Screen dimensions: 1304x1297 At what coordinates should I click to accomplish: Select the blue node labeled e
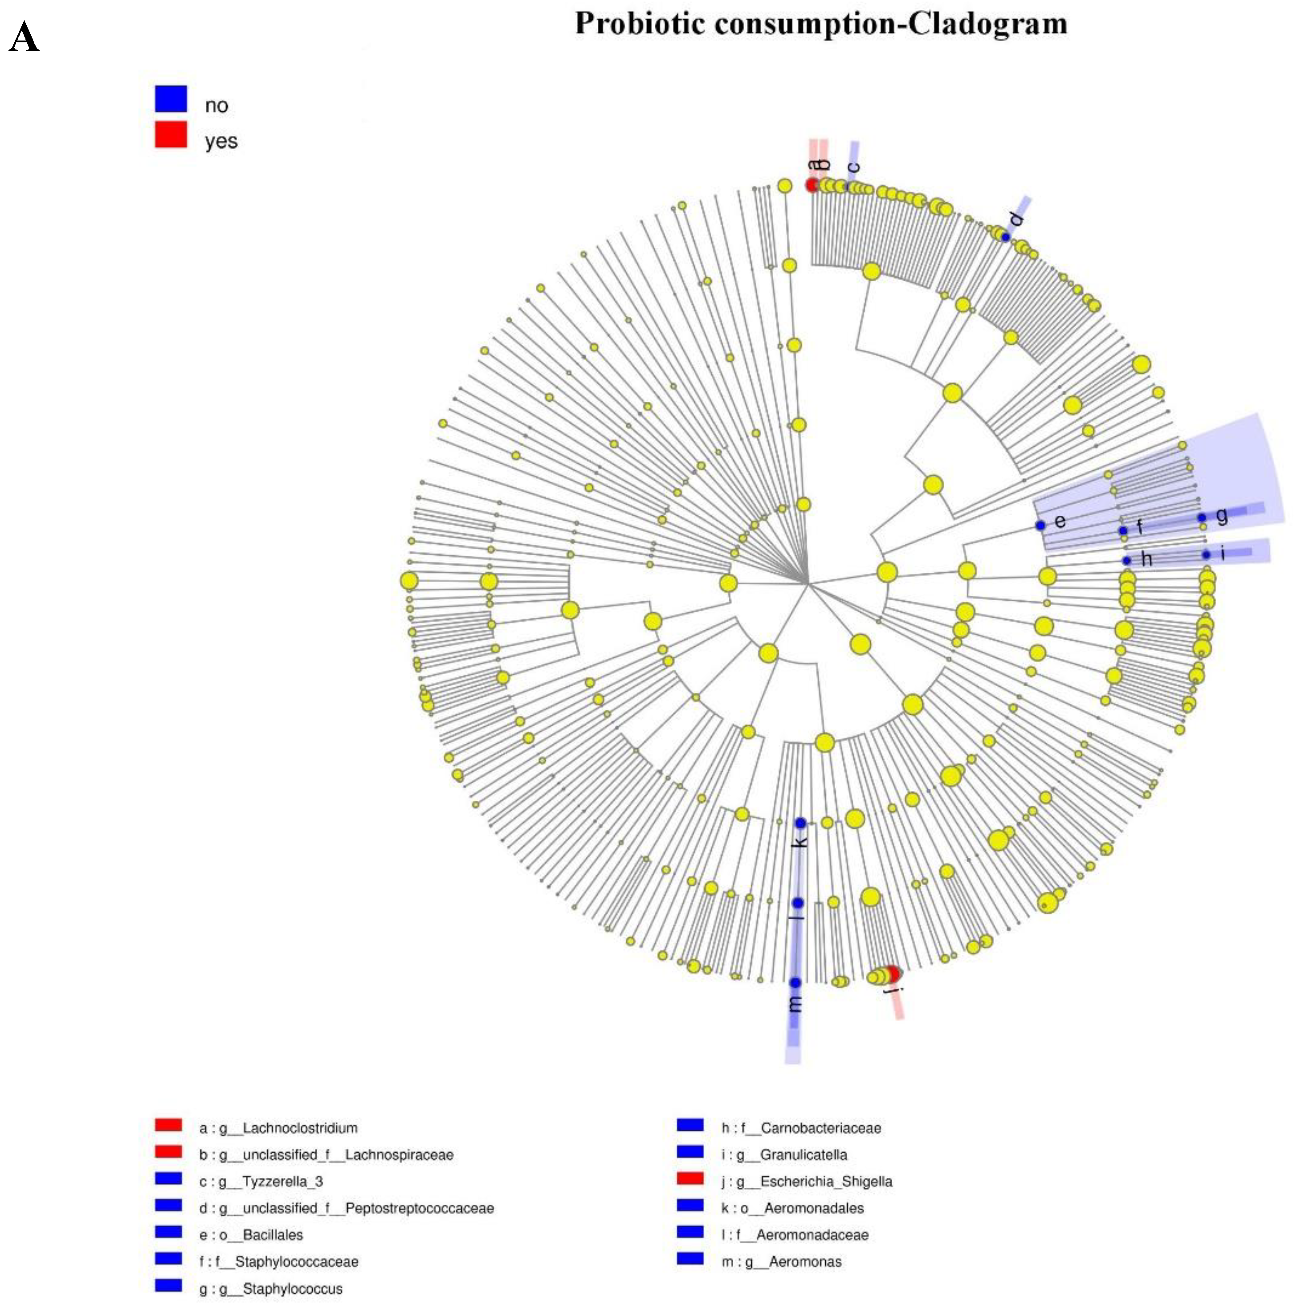pos(1040,525)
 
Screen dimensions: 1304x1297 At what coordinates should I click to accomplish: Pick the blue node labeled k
pos(800,823)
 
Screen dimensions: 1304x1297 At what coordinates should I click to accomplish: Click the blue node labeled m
pos(795,983)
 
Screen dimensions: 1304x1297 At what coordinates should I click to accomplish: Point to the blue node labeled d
pos(1005,237)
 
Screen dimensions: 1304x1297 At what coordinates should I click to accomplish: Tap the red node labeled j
pos(893,974)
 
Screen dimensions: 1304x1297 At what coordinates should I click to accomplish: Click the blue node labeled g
pos(1202,518)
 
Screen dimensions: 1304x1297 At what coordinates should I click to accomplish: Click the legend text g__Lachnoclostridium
pos(299,1128)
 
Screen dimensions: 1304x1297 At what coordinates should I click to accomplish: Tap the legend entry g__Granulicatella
pos(803,1155)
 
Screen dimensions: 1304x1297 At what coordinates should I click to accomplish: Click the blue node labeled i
pos(1206,555)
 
